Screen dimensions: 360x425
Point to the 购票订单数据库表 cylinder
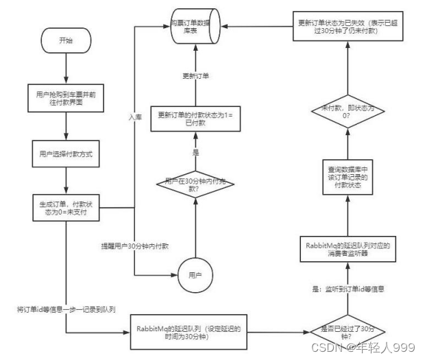click(196, 27)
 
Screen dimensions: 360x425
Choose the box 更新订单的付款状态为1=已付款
click(196, 118)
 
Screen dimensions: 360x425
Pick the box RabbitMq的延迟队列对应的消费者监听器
click(349, 247)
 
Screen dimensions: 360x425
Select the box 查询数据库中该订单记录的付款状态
click(349, 176)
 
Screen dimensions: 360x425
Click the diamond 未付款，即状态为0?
click(349, 112)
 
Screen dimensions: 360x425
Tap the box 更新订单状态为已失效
click(349, 27)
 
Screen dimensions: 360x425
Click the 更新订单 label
click(195, 75)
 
